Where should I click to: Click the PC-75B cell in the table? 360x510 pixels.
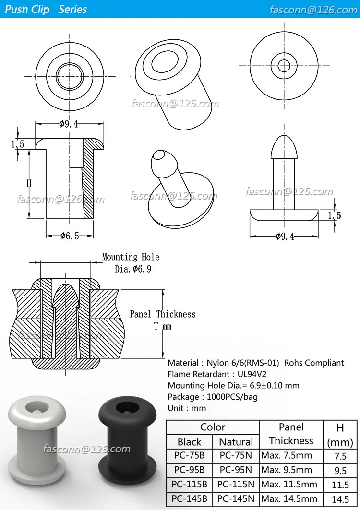189,456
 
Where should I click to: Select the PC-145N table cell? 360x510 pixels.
236,499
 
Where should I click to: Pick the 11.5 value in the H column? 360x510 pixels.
340,485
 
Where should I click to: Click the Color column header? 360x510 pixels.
213,427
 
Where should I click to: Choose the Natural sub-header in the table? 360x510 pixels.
236,442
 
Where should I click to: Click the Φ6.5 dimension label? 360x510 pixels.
70,236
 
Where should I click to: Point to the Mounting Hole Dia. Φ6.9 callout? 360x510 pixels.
131,263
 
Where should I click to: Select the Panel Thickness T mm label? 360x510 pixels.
163,320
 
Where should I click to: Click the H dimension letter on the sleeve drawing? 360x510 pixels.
29,183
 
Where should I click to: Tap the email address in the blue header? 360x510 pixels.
313,10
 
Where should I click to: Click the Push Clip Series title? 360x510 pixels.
46,10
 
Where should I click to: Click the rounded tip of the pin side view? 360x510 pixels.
284,145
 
